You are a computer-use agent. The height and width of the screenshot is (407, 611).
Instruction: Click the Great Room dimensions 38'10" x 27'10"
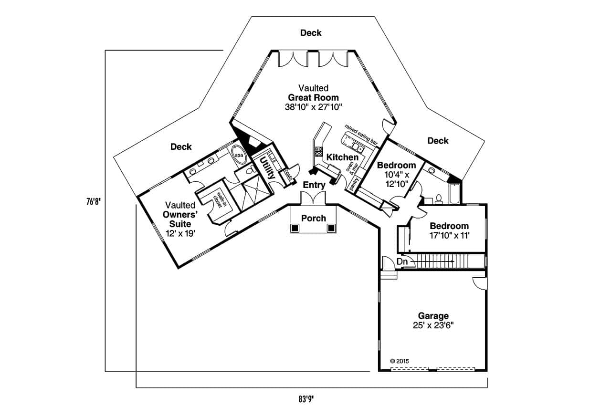[x=314, y=107]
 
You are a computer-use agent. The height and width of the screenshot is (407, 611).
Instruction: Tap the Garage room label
[x=433, y=315]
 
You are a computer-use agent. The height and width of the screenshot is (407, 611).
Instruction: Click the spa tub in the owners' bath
[x=237, y=155]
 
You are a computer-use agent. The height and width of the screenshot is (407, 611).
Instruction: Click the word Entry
[x=314, y=185]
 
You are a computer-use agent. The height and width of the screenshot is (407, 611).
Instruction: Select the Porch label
[x=314, y=218]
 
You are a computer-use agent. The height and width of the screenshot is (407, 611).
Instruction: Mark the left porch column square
[x=295, y=229]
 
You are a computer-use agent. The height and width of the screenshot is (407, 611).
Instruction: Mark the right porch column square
[x=331, y=229]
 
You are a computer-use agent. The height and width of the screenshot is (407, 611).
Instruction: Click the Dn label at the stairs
[x=402, y=261]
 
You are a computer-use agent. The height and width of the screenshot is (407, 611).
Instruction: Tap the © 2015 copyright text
[x=400, y=361]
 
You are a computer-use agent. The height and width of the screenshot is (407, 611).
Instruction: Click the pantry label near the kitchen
[x=354, y=183]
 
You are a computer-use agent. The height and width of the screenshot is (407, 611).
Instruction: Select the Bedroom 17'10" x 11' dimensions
[x=449, y=235]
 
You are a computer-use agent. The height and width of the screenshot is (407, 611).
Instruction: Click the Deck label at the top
[x=311, y=33]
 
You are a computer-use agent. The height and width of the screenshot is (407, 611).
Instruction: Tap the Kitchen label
[x=342, y=157]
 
